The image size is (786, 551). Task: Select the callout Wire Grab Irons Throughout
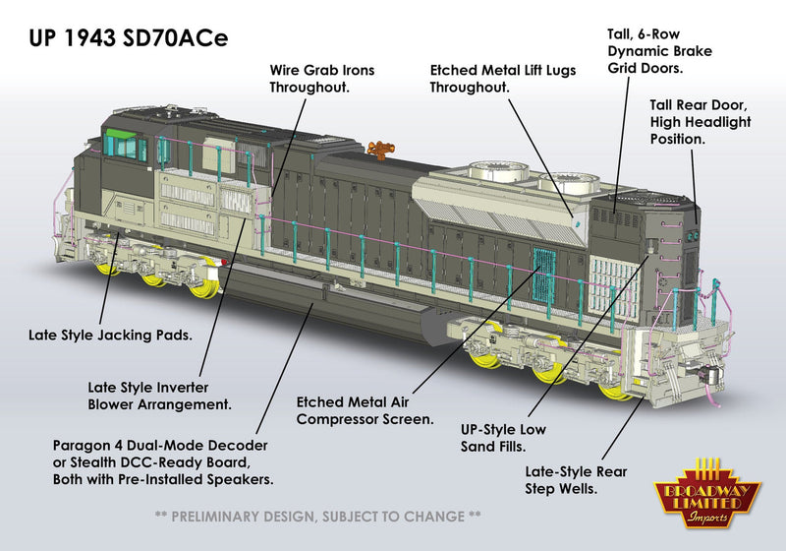pos(321,79)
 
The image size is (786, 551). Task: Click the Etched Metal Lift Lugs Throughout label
pos(502,79)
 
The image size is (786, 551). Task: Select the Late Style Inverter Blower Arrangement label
pos(158,396)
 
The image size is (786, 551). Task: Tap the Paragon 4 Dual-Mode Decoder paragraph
pos(162,462)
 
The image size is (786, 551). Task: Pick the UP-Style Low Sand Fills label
pos(503,438)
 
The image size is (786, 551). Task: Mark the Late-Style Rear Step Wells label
pos(576,479)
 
